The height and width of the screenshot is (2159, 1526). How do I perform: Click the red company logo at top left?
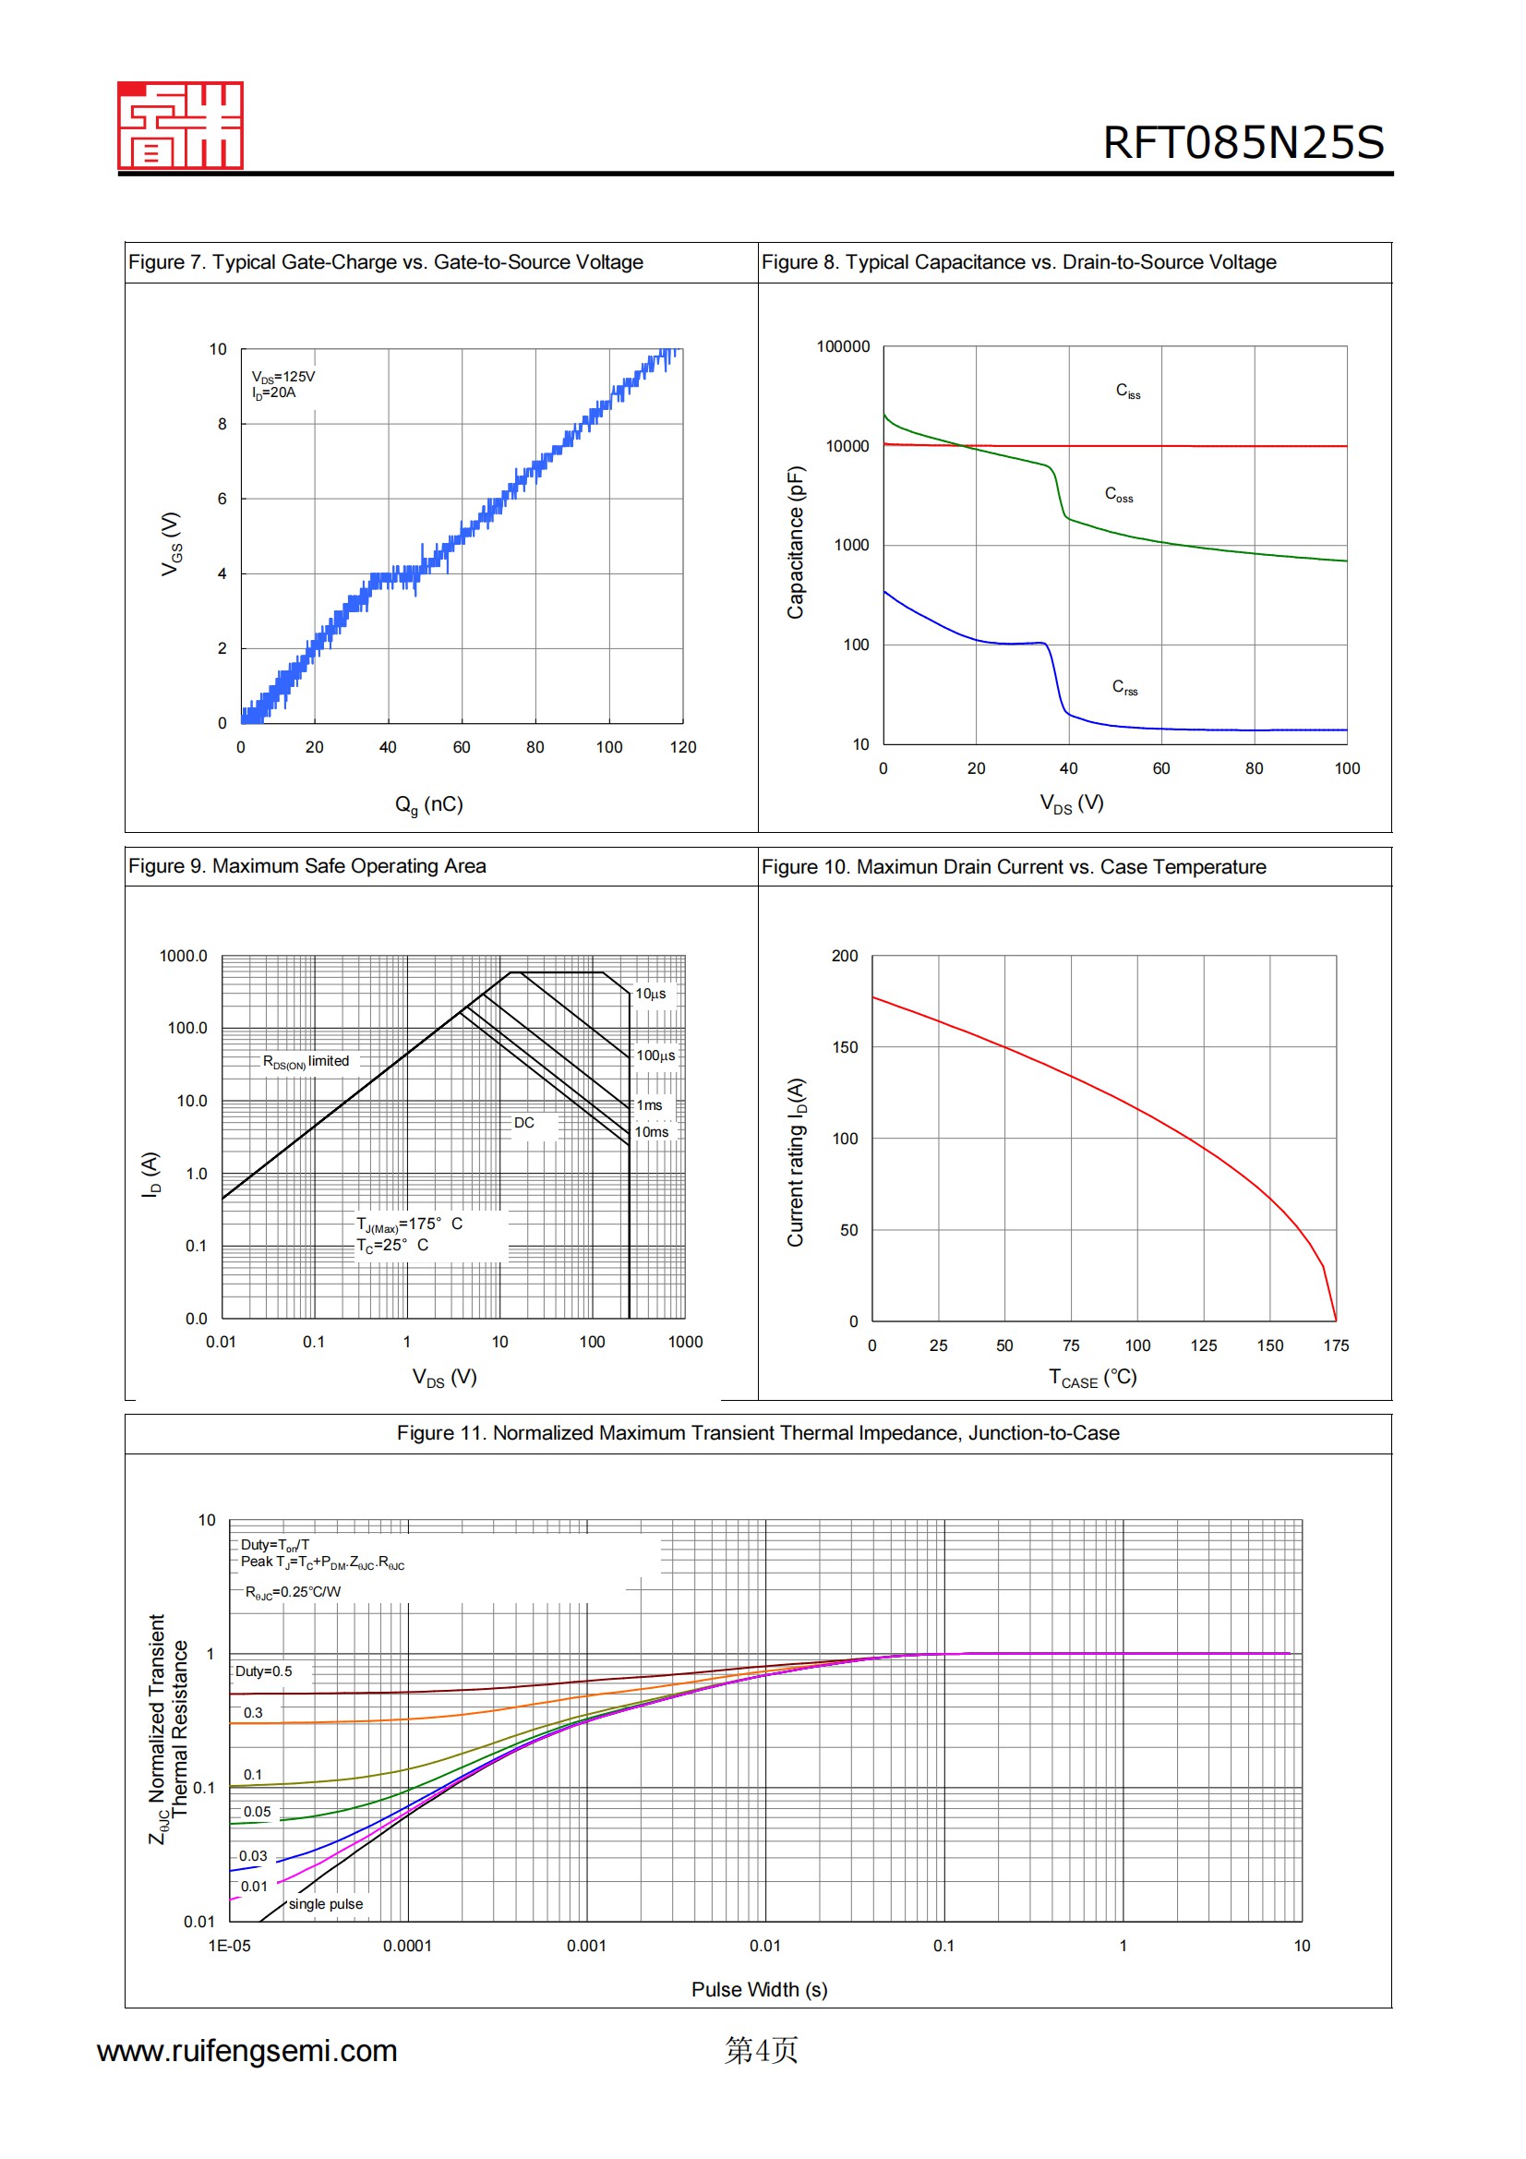[180, 125]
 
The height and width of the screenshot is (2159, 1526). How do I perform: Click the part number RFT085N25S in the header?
[1242, 143]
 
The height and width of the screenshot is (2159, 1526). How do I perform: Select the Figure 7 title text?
[386, 262]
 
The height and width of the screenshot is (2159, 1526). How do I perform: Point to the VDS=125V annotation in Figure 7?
[283, 376]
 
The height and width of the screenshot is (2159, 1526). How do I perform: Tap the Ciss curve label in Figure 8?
[1127, 392]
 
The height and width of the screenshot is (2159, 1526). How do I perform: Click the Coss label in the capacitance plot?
[1118, 495]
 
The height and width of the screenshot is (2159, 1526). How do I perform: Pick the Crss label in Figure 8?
[1123, 687]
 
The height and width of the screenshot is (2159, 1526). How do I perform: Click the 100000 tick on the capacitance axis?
[843, 347]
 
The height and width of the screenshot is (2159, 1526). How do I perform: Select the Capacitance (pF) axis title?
[796, 543]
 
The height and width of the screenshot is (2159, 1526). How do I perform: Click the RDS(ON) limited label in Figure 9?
[306, 1062]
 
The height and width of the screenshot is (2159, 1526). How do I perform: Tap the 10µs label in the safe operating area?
[651, 994]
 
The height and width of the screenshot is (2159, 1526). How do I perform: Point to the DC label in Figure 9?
[523, 1123]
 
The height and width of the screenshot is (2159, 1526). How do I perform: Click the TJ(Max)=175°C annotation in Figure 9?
[409, 1224]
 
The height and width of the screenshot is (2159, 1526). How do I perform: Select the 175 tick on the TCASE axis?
[1335, 1345]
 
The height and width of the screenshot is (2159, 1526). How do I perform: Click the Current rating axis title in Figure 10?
[797, 1163]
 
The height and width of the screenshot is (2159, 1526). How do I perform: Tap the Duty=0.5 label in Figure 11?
[263, 1671]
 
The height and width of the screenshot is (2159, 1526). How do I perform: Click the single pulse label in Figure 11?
[325, 1904]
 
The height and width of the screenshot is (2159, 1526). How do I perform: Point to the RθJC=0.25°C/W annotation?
[293, 1592]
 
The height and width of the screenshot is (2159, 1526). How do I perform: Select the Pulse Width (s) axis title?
[759, 1990]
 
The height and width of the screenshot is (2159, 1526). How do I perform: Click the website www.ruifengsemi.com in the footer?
[247, 2051]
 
